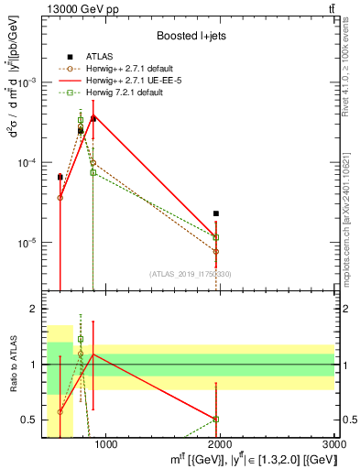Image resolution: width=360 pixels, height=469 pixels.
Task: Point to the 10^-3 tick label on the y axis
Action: tap(29, 82)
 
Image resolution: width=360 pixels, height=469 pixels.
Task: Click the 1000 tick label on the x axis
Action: tap(105, 445)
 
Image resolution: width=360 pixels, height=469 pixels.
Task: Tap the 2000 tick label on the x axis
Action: tap(220, 445)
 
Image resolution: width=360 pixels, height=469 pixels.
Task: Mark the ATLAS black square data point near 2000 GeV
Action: tap(216, 213)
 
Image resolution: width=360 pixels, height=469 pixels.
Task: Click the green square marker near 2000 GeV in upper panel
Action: tap(216, 237)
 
